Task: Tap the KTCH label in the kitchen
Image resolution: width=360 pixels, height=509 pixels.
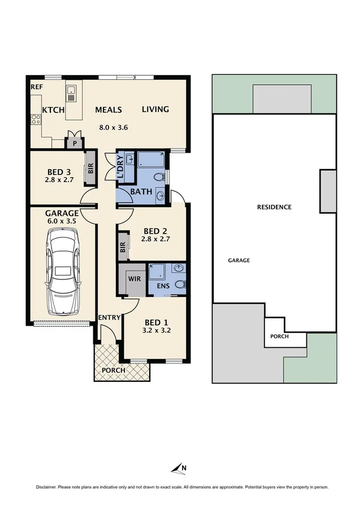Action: (53, 110)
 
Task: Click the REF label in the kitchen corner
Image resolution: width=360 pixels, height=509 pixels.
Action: (37, 88)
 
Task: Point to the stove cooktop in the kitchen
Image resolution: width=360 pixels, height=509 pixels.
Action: (36, 119)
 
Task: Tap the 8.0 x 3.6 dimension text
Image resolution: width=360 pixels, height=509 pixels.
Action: (114, 127)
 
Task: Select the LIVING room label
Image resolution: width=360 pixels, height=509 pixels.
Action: (155, 109)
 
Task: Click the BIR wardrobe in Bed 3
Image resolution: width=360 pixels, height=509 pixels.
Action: (90, 168)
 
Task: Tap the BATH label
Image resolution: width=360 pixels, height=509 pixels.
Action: (141, 191)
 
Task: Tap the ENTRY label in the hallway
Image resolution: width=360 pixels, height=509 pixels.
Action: (109, 317)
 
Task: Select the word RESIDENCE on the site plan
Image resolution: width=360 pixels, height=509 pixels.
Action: (274, 207)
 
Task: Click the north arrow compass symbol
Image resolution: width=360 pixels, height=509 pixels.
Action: (180, 467)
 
